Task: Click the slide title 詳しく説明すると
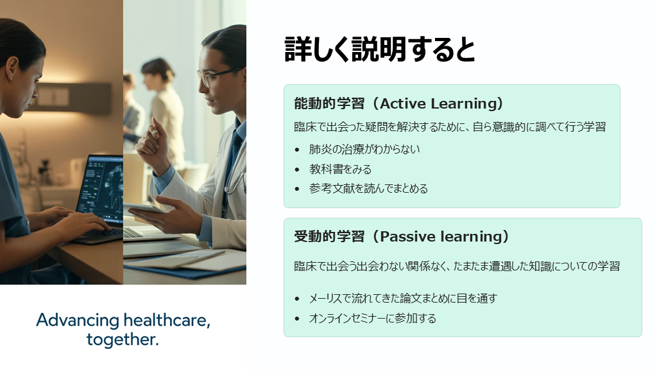pyautogui.click(x=380, y=49)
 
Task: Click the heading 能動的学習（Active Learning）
pyautogui.click(x=398, y=103)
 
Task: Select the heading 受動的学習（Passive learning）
pyautogui.click(x=402, y=236)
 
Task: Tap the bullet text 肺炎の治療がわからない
pyautogui.click(x=364, y=149)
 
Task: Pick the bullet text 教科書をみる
pyautogui.click(x=340, y=169)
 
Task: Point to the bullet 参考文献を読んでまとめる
pyautogui.click(x=368, y=189)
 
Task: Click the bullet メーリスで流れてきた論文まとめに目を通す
pyautogui.click(x=403, y=298)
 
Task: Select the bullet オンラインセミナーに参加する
pyautogui.click(x=373, y=319)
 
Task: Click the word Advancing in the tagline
pyautogui.click(x=78, y=321)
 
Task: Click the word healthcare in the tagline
pyautogui.click(x=167, y=321)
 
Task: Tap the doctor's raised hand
pyautogui.click(x=153, y=143)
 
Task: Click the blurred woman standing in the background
pyautogui.click(x=165, y=113)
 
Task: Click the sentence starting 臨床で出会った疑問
pyautogui.click(x=450, y=127)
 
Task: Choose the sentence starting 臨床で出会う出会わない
pyautogui.click(x=457, y=267)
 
